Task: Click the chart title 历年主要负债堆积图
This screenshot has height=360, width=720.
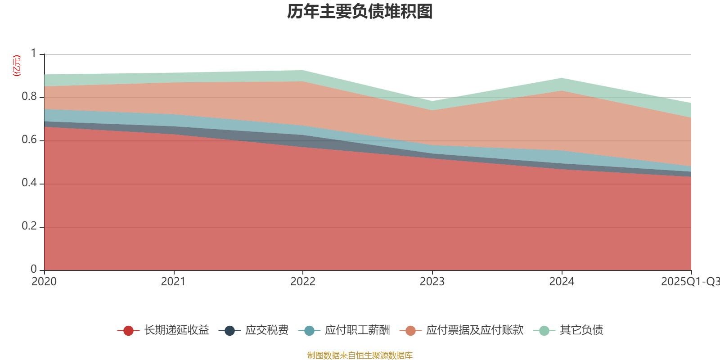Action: tap(360, 12)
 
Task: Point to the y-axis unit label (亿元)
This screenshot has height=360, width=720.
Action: tap(17, 66)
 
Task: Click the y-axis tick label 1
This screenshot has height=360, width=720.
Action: tap(33, 54)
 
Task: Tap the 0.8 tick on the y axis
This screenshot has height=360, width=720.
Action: tap(29, 97)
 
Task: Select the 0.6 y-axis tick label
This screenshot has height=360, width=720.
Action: tap(29, 140)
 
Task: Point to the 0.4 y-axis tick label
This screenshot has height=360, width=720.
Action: tap(29, 183)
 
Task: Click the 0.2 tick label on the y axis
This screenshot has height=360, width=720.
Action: tap(29, 226)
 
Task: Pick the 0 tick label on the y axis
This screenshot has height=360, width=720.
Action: tap(33, 269)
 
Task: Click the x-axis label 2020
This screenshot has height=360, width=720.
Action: tap(44, 282)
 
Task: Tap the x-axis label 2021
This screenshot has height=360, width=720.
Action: tap(173, 282)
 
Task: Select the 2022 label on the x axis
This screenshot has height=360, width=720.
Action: tap(303, 282)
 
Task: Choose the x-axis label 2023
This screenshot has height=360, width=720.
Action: tap(432, 282)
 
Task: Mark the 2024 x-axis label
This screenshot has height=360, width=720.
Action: tap(562, 282)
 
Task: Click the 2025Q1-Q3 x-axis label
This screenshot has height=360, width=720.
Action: tap(689, 282)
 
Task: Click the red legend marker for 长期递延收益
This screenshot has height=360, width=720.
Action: tap(128, 331)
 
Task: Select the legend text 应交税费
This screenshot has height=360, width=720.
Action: tap(267, 330)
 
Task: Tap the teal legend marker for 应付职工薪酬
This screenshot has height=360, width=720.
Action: tap(309, 331)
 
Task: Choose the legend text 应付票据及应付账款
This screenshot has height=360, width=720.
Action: tap(475, 330)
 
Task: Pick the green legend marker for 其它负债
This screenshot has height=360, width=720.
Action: tap(544, 331)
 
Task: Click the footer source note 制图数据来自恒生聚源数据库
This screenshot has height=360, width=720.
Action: tap(360, 355)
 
